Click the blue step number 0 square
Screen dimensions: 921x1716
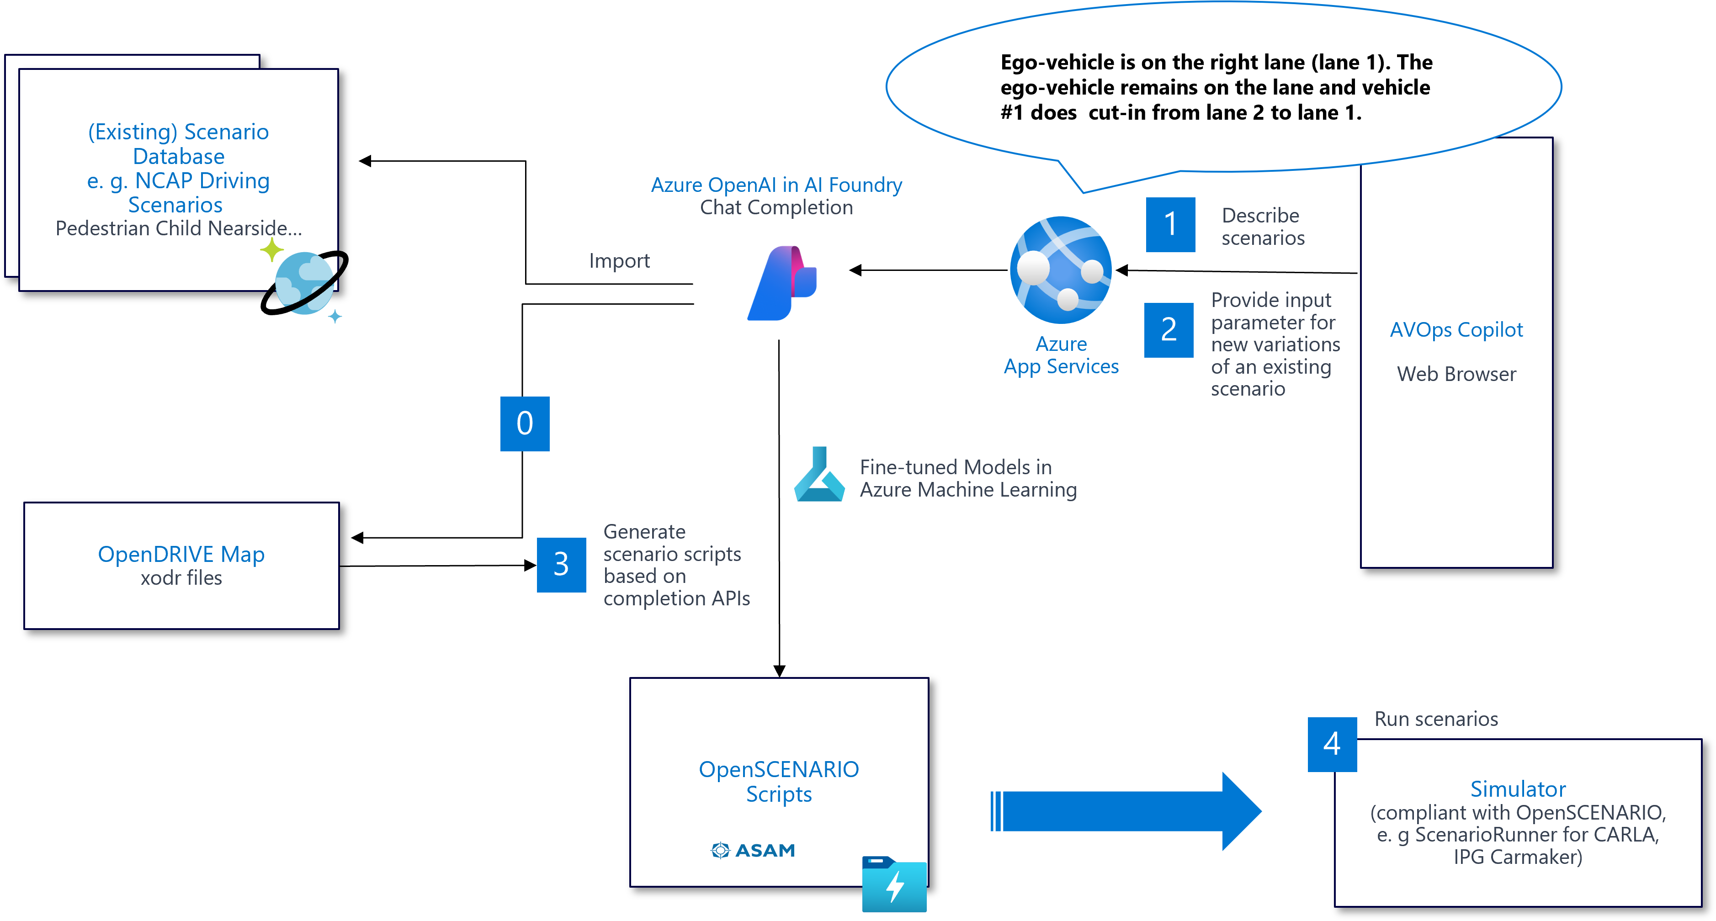(525, 423)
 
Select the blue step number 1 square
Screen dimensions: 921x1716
(1170, 224)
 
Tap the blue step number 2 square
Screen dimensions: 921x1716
(1169, 330)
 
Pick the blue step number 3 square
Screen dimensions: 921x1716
(561, 565)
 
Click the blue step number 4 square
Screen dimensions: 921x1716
(1332, 744)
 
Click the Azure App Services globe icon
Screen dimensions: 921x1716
(1061, 270)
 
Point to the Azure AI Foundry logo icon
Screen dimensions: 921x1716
(783, 283)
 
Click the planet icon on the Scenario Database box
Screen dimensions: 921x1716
(305, 283)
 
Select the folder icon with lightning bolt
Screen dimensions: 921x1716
(894, 884)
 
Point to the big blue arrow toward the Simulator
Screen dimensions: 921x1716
(1126, 811)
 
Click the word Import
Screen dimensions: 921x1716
(619, 261)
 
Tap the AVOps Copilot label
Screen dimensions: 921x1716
(1456, 330)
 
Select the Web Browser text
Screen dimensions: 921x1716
(1456, 374)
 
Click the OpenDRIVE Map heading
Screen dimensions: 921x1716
(181, 554)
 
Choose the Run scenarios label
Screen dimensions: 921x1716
(1436, 719)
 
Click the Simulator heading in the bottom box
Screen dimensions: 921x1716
(1518, 789)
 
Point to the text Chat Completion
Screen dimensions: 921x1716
(776, 208)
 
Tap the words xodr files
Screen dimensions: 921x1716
(181, 578)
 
